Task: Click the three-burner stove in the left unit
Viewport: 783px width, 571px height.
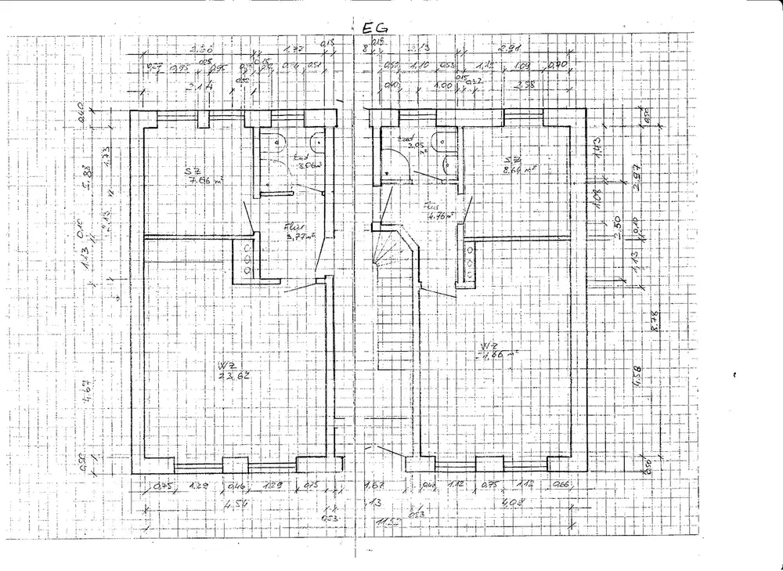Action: click(247, 258)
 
